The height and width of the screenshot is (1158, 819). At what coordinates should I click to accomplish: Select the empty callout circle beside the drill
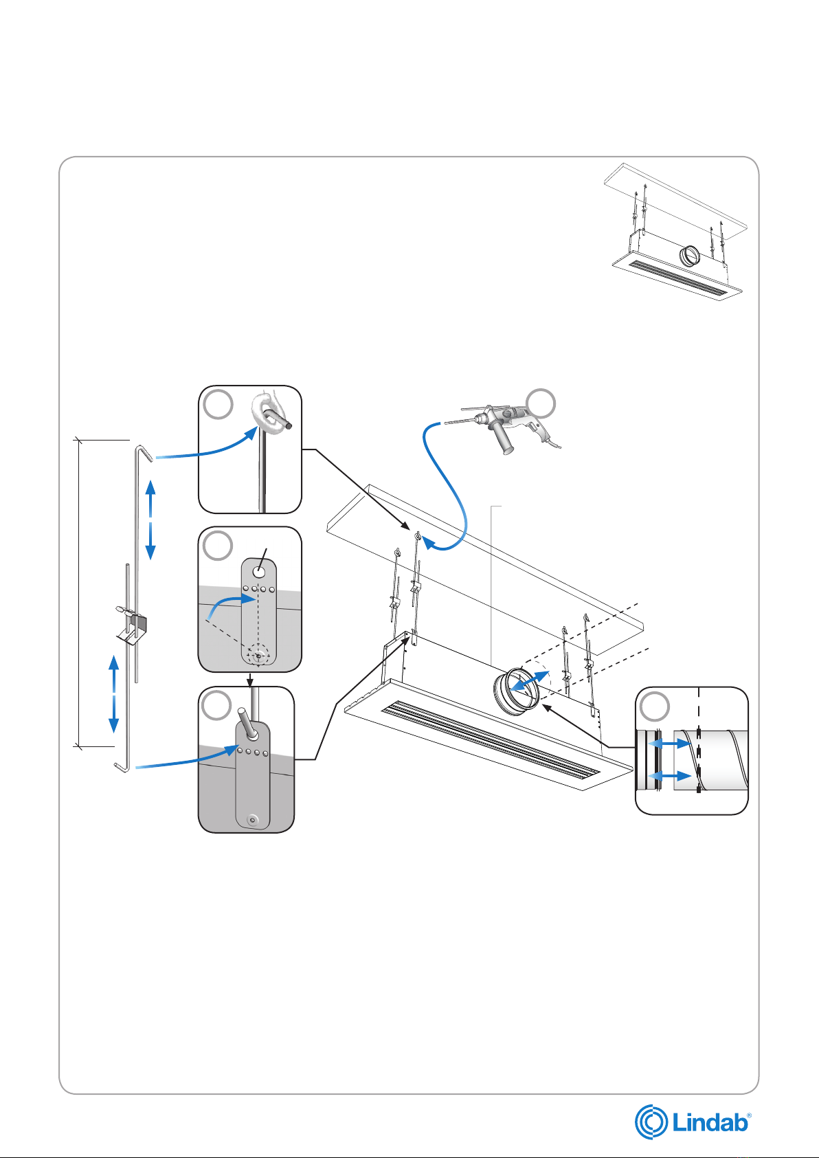pyautogui.click(x=541, y=404)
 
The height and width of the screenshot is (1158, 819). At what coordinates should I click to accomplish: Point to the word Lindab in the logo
pyautogui.click(x=710, y=1124)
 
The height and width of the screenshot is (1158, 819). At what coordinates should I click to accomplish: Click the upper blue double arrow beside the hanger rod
pyautogui.click(x=151, y=520)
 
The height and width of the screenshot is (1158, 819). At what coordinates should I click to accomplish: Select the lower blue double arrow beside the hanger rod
pyautogui.click(x=114, y=693)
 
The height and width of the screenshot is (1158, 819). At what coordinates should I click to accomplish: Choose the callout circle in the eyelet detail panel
pyautogui.click(x=218, y=405)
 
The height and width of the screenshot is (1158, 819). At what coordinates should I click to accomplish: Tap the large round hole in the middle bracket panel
pyautogui.click(x=259, y=572)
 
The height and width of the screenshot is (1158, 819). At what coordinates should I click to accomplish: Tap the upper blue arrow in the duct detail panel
pyautogui.click(x=669, y=744)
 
